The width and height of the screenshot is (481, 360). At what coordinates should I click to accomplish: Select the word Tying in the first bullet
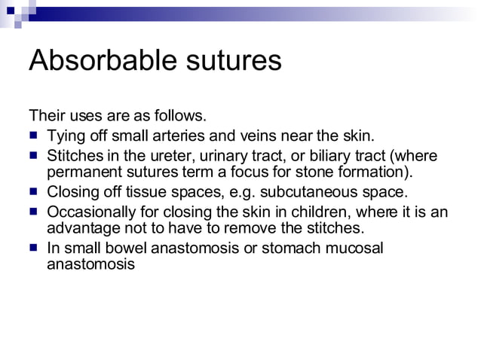[x=65, y=136]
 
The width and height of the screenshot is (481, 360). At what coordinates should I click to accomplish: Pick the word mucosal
[x=352, y=249]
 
